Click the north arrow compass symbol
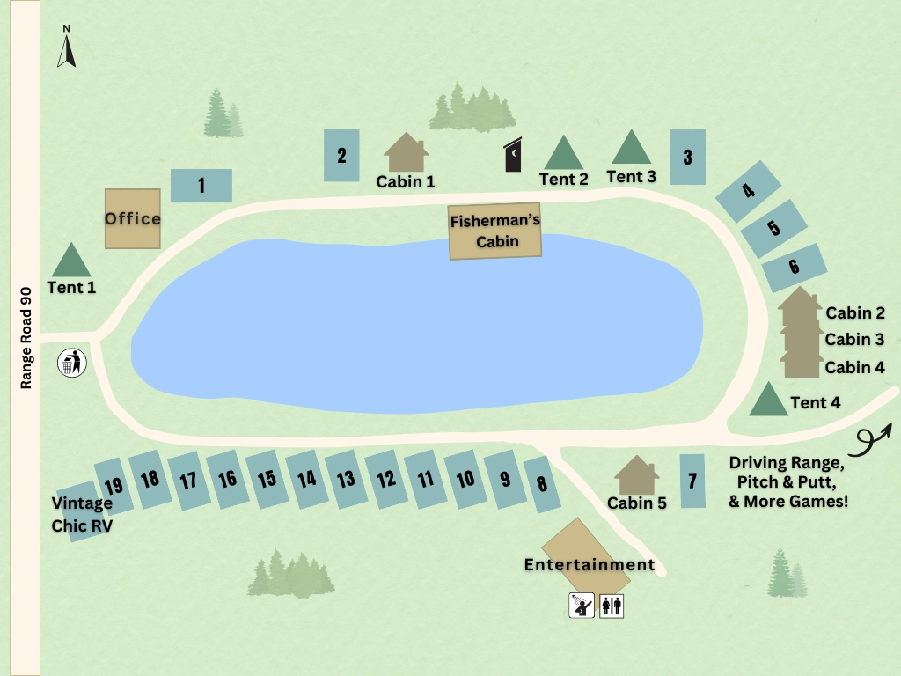click(x=66, y=48)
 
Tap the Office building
click(x=133, y=218)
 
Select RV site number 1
click(x=201, y=186)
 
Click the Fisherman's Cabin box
click(x=494, y=232)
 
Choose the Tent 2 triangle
click(x=563, y=154)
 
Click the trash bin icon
click(x=72, y=363)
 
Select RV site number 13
click(x=346, y=479)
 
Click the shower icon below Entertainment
click(x=581, y=606)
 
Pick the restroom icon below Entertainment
click(x=612, y=606)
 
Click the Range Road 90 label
click(x=26, y=338)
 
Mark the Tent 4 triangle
click(x=768, y=400)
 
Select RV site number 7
click(x=692, y=481)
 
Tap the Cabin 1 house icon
click(x=406, y=153)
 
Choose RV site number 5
click(x=773, y=228)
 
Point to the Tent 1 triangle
click(x=71, y=261)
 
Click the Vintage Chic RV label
click(x=82, y=513)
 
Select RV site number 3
click(x=687, y=158)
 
